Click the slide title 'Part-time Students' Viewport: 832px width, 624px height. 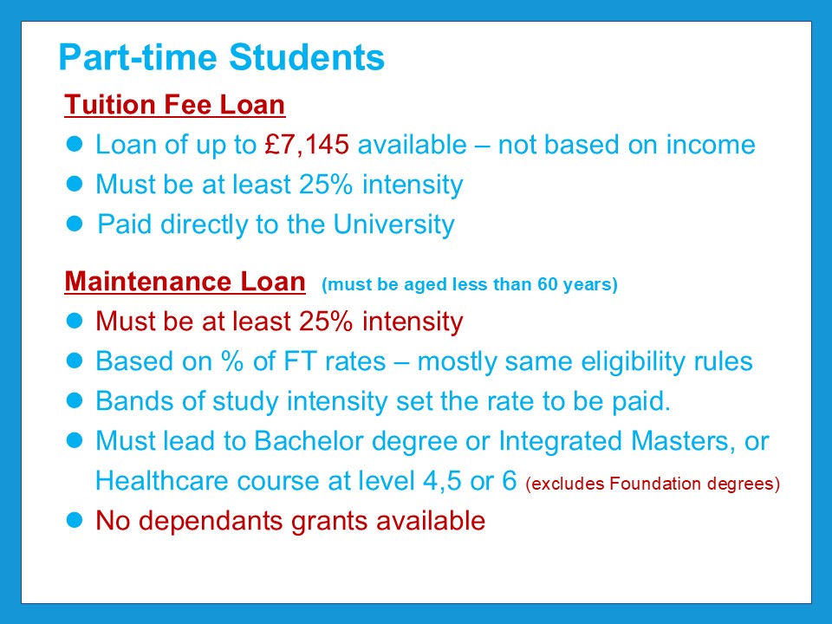click(x=221, y=57)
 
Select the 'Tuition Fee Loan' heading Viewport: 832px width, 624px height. click(x=174, y=105)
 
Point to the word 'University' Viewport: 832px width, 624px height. click(x=393, y=224)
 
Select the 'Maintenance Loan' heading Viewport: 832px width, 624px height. click(x=185, y=281)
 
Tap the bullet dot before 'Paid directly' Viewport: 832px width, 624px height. click(x=75, y=224)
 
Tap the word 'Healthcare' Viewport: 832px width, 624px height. click(x=162, y=481)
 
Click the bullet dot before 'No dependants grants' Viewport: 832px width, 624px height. click(x=75, y=520)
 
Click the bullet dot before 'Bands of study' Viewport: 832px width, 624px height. click(x=75, y=400)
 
